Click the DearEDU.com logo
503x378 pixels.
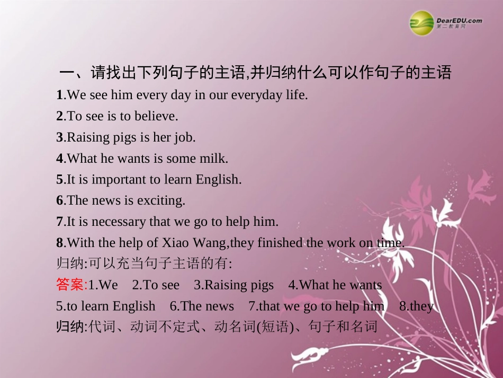(x=446, y=23)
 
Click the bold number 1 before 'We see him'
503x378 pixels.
(x=59, y=95)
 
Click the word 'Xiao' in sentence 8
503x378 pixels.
(x=177, y=243)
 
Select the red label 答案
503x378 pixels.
(x=70, y=285)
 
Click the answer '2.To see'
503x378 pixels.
(x=156, y=285)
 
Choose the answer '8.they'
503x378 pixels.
(x=416, y=306)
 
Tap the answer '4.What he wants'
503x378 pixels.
(x=335, y=285)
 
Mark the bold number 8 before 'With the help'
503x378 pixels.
(x=59, y=243)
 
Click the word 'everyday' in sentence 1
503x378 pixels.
(x=248, y=95)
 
